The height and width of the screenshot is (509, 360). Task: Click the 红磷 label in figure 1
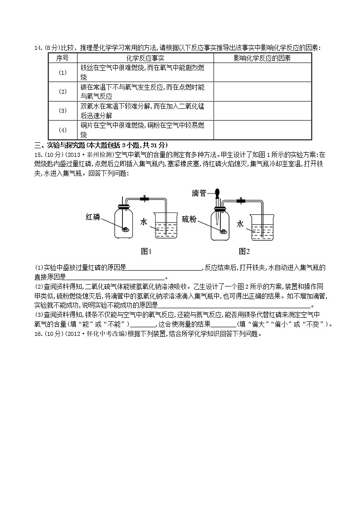[94, 217]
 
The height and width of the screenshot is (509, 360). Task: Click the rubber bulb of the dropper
[218, 192]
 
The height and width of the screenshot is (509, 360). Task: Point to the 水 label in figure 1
[144, 222]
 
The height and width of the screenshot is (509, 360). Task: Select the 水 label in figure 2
[240, 223]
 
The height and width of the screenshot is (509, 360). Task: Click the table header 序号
[63, 58]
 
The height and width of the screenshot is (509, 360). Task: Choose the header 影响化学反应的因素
[262, 58]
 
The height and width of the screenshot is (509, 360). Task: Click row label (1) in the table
[63, 73]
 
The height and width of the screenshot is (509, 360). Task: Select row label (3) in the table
[63, 111]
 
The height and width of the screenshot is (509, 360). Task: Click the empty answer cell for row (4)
[262, 130]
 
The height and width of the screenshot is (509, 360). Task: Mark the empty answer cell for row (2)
[262, 92]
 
